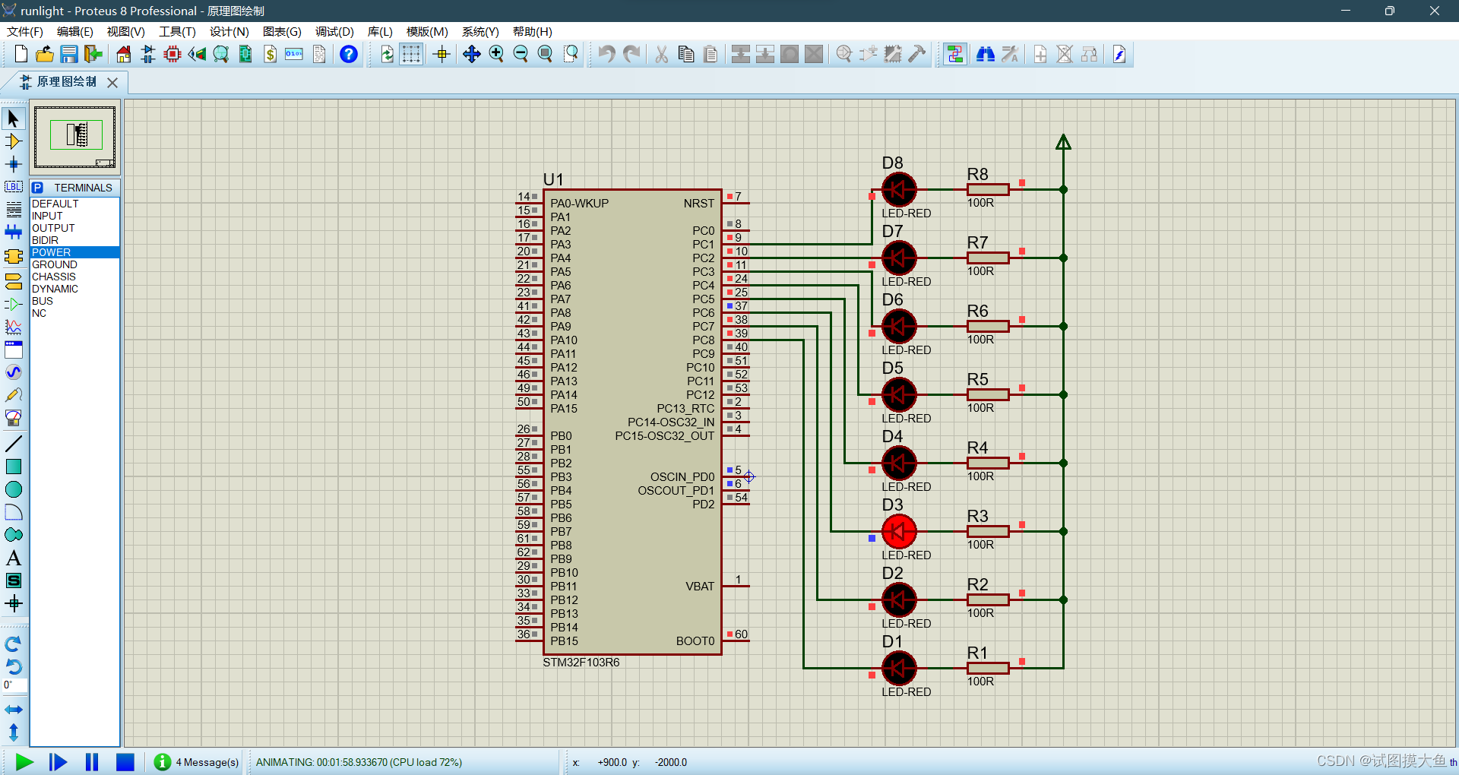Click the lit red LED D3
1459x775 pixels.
pyautogui.click(x=899, y=531)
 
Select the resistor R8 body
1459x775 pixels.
pyautogui.click(x=987, y=189)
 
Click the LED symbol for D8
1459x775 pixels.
pyautogui.click(x=899, y=189)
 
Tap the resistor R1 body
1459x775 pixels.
pyautogui.click(x=987, y=668)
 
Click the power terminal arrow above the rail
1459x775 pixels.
pyautogui.click(x=1063, y=142)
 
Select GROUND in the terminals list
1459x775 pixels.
pyautogui.click(x=54, y=264)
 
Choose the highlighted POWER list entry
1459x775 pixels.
pyautogui.click(x=51, y=252)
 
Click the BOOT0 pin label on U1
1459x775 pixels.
pyautogui.click(x=695, y=641)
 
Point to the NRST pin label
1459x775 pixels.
pyautogui.click(x=698, y=204)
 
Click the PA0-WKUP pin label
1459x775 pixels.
pyautogui.click(x=579, y=204)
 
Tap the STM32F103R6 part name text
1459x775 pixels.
pyautogui.click(x=581, y=663)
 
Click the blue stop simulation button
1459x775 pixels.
pyautogui.click(x=125, y=761)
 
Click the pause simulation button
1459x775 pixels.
pyautogui.click(x=92, y=761)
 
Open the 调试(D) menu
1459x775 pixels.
pyautogui.click(x=334, y=32)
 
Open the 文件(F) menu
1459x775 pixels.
pyautogui.click(x=25, y=32)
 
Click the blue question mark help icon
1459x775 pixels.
pyautogui.click(x=348, y=54)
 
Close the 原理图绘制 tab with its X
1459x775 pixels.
pyautogui.click(x=112, y=82)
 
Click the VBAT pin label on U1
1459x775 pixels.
pyautogui.click(x=699, y=587)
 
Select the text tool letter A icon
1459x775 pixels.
pyautogui.click(x=14, y=558)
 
